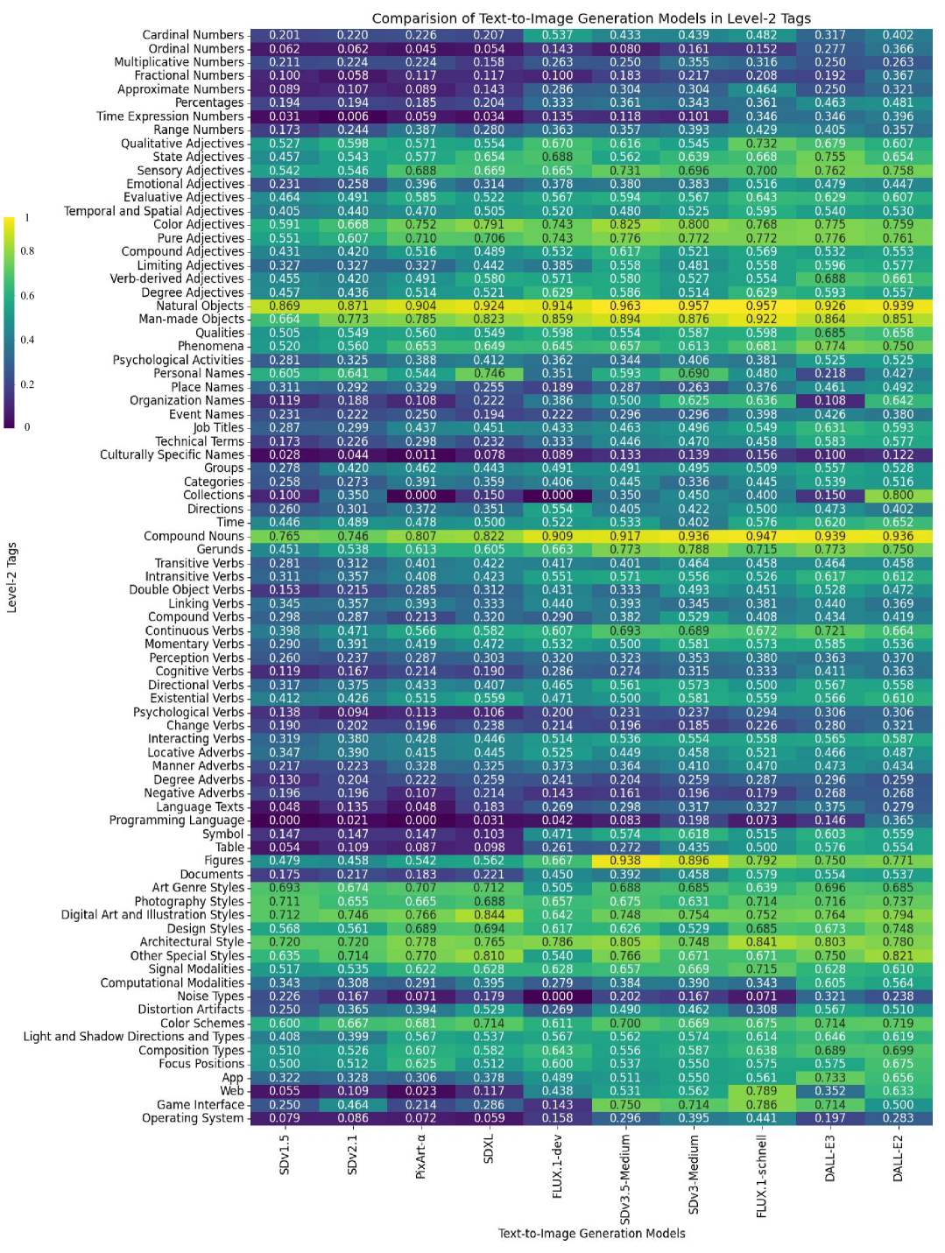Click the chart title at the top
[x=591, y=18]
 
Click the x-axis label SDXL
[x=489, y=1149]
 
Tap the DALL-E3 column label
[x=829, y=1158]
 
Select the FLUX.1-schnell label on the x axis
[x=762, y=1175]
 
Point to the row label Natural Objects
[x=200, y=306]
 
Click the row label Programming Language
[x=176, y=820]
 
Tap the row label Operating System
[x=193, y=1118]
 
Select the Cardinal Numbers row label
[x=193, y=35]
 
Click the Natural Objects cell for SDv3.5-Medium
[x=625, y=306]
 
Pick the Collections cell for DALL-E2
[x=898, y=495]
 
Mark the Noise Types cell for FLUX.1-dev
[x=557, y=996]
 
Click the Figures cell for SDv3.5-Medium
[x=625, y=861]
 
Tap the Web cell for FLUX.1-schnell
[x=761, y=1091]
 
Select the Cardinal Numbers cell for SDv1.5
[x=284, y=35]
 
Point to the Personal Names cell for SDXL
[x=489, y=373]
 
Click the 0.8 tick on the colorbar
[x=27, y=251]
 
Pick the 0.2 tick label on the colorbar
[x=27, y=384]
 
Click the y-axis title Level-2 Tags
[x=12, y=577]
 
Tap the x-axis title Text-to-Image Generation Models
[x=591, y=1234]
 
